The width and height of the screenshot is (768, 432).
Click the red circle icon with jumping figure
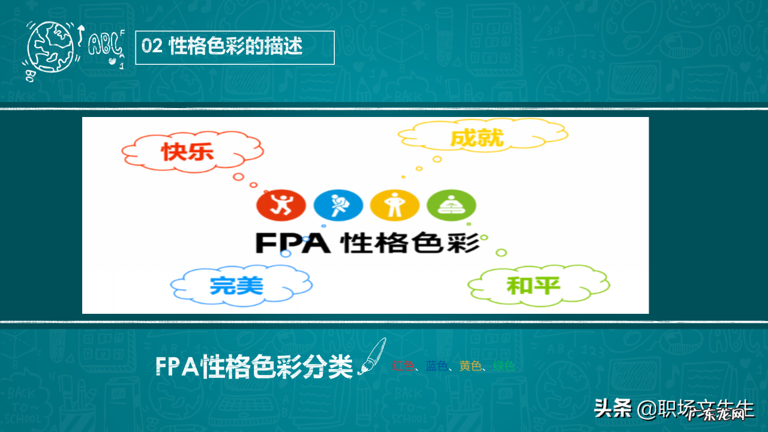click(281, 205)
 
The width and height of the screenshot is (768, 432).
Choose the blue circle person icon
click(338, 205)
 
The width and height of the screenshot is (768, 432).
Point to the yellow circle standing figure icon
click(394, 205)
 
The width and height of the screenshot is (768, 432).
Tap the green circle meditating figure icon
click(451, 205)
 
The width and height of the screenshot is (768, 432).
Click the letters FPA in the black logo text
click(293, 242)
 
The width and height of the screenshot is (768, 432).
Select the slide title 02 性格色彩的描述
click(235, 47)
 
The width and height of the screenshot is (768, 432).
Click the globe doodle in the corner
click(49, 49)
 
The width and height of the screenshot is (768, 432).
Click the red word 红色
click(403, 366)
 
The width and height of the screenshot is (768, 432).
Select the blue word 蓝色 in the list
click(437, 366)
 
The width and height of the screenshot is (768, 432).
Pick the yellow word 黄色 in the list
click(470, 366)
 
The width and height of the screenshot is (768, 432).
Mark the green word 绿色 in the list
click(503, 366)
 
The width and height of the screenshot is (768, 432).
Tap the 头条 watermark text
click(613, 409)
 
